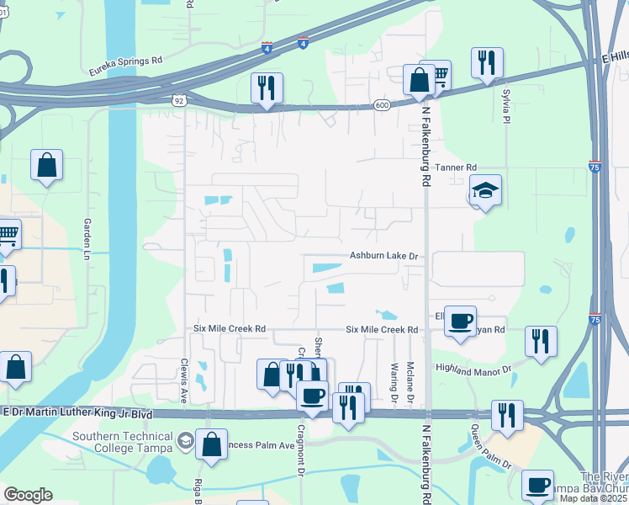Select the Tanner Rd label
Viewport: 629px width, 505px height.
[x=456, y=167]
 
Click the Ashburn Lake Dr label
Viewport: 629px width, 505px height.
[x=384, y=255]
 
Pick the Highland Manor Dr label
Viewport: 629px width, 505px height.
[x=473, y=368]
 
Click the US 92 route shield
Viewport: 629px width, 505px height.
[x=179, y=100]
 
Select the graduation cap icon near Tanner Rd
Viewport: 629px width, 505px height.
[x=485, y=190]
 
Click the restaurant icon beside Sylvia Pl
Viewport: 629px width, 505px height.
[x=487, y=62]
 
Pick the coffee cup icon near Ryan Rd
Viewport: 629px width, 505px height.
[x=460, y=321]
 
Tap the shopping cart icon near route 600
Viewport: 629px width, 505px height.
[x=436, y=75]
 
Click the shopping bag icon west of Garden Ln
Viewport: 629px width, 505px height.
[x=47, y=165]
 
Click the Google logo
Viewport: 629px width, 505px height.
[x=28, y=495]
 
